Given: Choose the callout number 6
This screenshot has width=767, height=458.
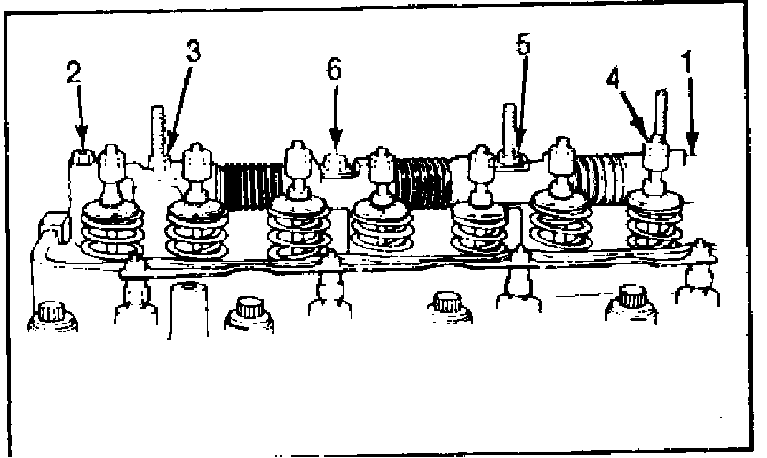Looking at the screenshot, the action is point(334,69).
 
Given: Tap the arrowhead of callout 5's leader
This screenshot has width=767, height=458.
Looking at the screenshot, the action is point(517,143).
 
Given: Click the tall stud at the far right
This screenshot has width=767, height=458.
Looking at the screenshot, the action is point(660,110).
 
